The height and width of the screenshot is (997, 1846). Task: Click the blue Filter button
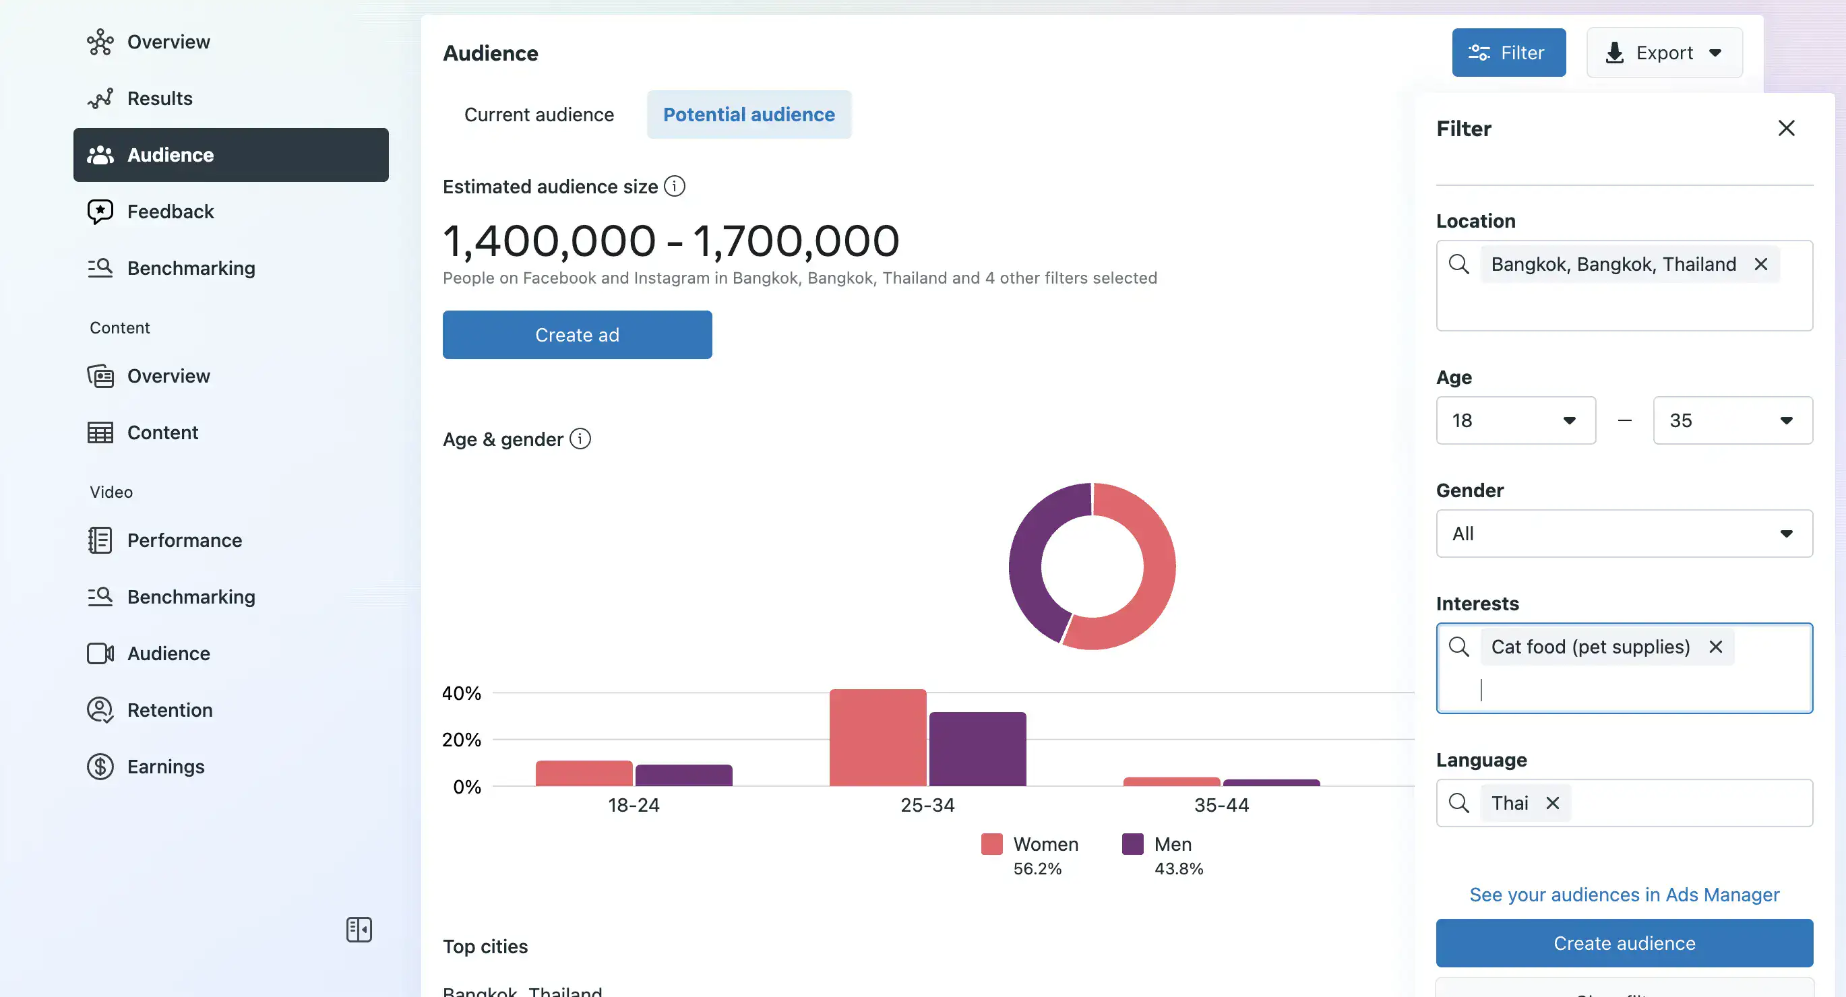pyautogui.click(x=1508, y=53)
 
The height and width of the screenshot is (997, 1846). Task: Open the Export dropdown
pyautogui.click(x=1664, y=53)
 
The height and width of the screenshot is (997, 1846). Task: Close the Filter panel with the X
pyautogui.click(x=1786, y=128)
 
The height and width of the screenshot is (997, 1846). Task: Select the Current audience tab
pyautogui.click(x=539, y=115)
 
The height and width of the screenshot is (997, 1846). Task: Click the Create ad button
pyautogui.click(x=577, y=335)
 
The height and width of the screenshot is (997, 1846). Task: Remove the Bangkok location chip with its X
pyautogui.click(x=1760, y=264)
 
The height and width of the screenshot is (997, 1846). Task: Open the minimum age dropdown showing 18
pyautogui.click(x=1515, y=420)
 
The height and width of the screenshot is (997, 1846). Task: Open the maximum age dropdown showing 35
pyautogui.click(x=1732, y=420)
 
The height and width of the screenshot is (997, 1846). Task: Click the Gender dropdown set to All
pyautogui.click(x=1624, y=534)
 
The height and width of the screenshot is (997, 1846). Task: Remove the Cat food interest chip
pyautogui.click(x=1715, y=647)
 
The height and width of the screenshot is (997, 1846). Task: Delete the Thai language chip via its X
pyautogui.click(x=1552, y=803)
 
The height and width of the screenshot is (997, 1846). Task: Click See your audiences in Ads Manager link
pyautogui.click(x=1624, y=895)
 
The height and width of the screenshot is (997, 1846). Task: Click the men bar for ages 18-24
pyautogui.click(x=683, y=775)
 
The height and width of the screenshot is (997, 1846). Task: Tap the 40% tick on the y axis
pyautogui.click(x=462, y=693)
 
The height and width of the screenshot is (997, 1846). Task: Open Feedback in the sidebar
pyautogui.click(x=170, y=212)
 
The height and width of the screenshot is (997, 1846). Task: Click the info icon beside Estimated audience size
pyautogui.click(x=675, y=186)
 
